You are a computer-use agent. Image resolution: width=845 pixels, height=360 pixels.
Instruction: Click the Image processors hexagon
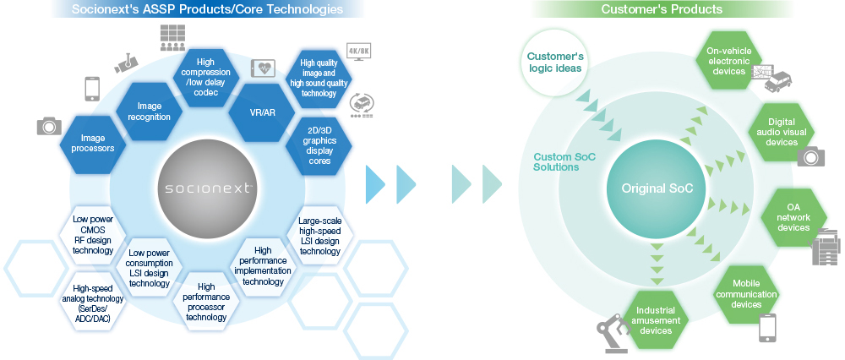[x=93, y=143]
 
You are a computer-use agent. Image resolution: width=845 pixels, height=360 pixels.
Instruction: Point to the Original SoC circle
[x=657, y=188]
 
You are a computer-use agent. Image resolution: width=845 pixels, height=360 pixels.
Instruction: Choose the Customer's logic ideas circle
[x=554, y=63]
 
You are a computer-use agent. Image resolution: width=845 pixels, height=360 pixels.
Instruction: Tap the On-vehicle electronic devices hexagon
[x=728, y=62]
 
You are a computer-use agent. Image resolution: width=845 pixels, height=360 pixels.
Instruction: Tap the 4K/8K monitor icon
[x=358, y=53]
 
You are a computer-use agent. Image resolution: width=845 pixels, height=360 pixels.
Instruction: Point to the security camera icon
[x=124, y=63]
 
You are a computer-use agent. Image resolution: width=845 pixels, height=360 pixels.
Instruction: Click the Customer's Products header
[x=662, y=9]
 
